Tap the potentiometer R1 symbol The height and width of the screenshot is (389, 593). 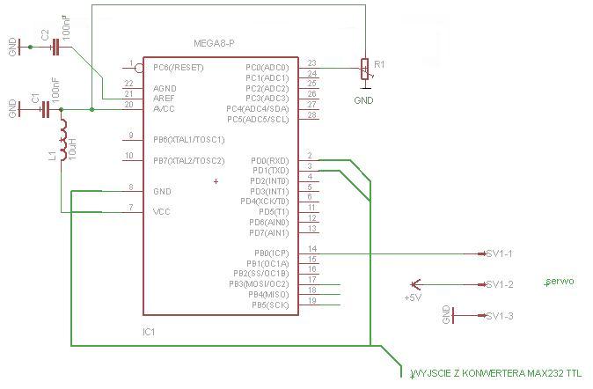click(364, 70)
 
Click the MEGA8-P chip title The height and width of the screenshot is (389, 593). click(214, 43)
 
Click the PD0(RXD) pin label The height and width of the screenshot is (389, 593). click(270, 160)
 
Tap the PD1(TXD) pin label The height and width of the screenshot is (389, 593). click(270, 170)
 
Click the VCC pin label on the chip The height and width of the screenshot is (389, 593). click(161, 212)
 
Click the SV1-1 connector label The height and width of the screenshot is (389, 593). click(499, 253)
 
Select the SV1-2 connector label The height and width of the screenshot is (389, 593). click(499, 284)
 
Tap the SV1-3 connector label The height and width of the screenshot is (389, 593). click(499, 316)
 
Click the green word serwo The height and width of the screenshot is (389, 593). click(560, 282)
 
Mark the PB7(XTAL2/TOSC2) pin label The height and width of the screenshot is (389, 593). click(188, 161)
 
